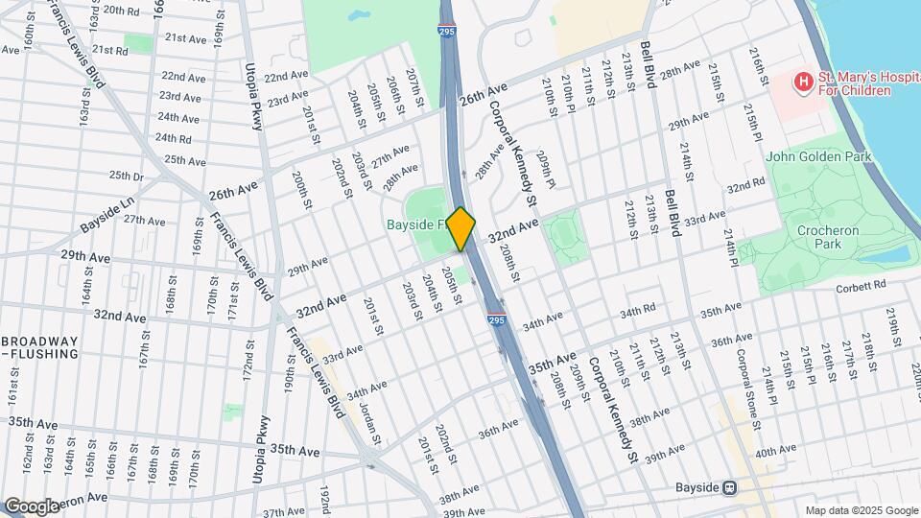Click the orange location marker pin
tap(461, 229)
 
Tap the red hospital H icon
tap(801, 82)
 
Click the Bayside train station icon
tap(730, 487)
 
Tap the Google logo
tap(32, 506)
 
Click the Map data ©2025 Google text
tap(861, 509)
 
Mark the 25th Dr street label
tap(126, 176)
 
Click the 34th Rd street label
tap(637, 312)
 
